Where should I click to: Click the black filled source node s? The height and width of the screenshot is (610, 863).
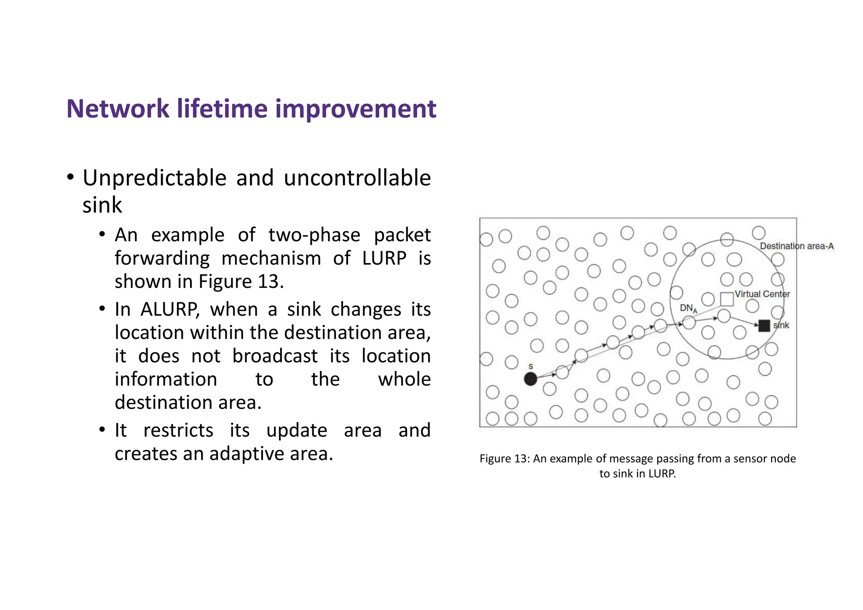click(530, 379)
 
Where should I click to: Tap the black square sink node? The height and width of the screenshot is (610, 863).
click(764, 325)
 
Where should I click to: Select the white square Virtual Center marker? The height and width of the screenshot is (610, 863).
click(727, 299)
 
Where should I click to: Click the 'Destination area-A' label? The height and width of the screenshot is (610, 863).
click(796, 246)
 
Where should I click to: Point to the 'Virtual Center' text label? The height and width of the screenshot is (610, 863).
click(762, 294)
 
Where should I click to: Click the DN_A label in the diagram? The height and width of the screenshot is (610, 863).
click(688, 309)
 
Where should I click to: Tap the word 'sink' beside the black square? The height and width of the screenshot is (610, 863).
click(781, 325)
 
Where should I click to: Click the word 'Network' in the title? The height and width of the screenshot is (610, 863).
click(118, 109)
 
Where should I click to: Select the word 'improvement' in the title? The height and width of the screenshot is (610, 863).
click(356, 109)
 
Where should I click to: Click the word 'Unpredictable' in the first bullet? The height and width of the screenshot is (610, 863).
click(155, 178)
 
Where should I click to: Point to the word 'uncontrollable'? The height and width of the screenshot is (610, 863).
click(357, 178)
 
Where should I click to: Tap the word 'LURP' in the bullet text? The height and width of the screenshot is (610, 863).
click(384, 258)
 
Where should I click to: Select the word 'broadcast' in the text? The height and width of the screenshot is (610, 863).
click(275, 356)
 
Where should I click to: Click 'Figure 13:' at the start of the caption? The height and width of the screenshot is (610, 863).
click(504, 459)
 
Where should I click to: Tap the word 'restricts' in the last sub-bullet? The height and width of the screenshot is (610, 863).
click(178, 430)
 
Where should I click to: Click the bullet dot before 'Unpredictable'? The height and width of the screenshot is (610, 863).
click(70, 177)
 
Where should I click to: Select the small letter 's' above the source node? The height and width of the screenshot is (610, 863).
click(531, 366)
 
